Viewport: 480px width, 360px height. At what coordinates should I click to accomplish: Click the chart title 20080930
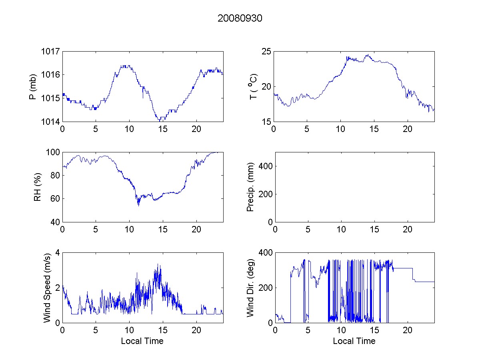pyautogui.click(x=240, y=18)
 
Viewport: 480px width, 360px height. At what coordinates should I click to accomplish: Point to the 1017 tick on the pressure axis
pyautogui.click(x=51, y=52)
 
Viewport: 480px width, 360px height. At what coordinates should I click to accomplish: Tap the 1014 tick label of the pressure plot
pyautogui.click(x=51, y=122)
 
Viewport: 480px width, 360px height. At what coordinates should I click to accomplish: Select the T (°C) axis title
pyautogui.click(x=253, y=86)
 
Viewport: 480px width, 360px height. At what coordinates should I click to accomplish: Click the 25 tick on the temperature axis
pyautogui.click(x=266, y=52)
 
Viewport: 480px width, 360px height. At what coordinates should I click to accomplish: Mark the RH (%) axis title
pyautogui.click(x=38, y=187)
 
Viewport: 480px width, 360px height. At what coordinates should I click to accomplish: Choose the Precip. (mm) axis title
pyautogui.click(x=250, y=187)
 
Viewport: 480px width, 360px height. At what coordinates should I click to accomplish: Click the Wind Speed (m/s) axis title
pyautogui.click(x=47, y=287)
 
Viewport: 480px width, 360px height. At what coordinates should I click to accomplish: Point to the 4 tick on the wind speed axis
pyautogui.click(x=58, y=253)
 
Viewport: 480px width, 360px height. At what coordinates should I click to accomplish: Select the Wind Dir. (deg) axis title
pyautogui.click(x=250, y=287)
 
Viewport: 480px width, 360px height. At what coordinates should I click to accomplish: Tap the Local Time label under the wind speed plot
pyautogui.click(x=142, y=341)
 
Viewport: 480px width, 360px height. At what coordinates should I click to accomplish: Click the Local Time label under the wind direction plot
pyautogui.click(x=354, y=341)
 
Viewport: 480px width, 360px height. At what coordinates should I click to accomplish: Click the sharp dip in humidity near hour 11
pyautogui.click(x=138, y=205)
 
